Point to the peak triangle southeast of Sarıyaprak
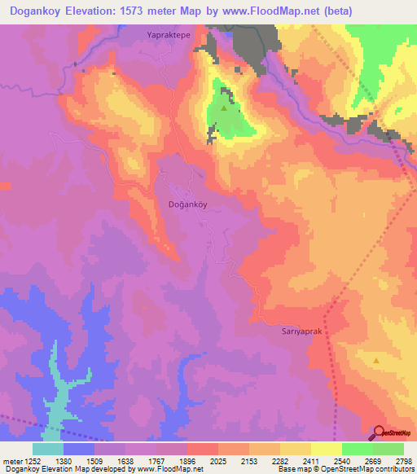click(x=376, y=359)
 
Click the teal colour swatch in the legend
click(x=48, y=449)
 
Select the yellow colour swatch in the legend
click(x=327, y=449)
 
